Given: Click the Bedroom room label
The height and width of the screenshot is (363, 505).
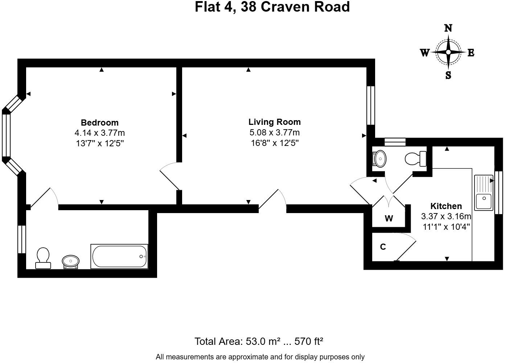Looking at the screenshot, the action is [x=100, y=123].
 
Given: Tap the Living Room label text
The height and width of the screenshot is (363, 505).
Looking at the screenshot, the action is [x=275, y=122].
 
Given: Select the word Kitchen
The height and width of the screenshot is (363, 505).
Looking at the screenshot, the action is [x=446, y=206].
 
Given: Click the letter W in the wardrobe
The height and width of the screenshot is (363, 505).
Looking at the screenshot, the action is [x=389, y=219].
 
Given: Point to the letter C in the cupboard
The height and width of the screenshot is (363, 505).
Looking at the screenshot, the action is [x=383, y=247].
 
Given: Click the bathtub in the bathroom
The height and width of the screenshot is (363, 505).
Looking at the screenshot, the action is [x=119, y=256].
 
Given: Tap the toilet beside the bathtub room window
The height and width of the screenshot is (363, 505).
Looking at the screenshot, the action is [x=43, y=258].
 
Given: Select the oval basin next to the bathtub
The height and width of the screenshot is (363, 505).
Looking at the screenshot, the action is [x=71, y=262].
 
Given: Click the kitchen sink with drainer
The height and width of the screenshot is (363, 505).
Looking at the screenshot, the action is [x=484, y=193].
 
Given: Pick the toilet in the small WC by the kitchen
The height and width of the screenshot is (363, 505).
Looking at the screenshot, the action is [x=415, y=159].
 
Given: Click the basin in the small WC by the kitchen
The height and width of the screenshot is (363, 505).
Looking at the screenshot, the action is [x=379, y=159].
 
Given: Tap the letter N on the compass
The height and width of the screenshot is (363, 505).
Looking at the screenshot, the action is [x=448, y=28].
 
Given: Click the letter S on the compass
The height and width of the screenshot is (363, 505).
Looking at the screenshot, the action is [x=448, y=75].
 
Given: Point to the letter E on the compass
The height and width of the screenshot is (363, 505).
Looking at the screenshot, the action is [x=471, y=53].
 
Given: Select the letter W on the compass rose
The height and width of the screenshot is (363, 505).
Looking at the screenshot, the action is [x=425, y=53].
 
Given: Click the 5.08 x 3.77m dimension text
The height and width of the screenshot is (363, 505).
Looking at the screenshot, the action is [x=275, y=132].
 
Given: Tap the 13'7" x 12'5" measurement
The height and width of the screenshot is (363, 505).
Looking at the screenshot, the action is [x=100, y=143].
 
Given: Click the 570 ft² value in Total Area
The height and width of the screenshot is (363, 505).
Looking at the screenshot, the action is [x=309, y=341].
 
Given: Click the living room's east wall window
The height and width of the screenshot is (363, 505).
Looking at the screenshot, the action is [x=371, y=105].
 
